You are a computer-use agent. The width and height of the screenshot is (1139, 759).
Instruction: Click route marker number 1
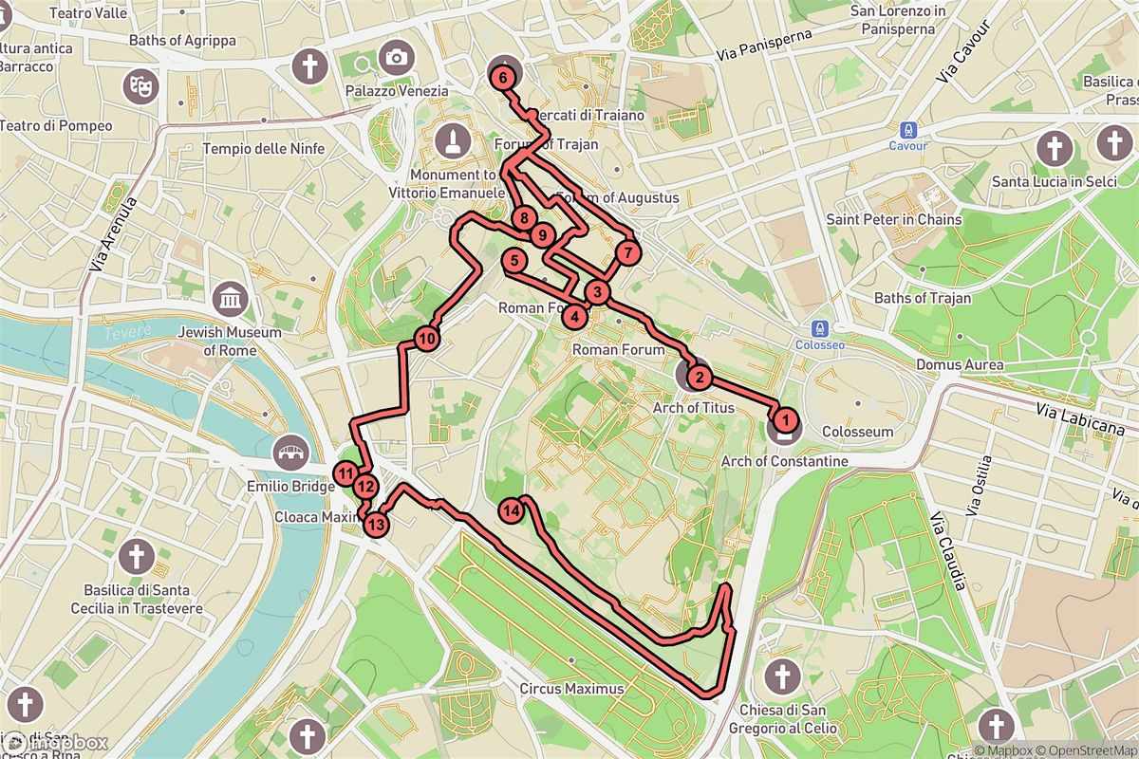coord(784,416)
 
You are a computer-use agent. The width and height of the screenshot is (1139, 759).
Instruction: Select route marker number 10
coord(426,338)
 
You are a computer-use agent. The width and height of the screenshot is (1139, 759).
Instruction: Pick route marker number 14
coord(512,510)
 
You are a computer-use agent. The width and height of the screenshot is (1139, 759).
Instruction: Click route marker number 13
coord(377,524)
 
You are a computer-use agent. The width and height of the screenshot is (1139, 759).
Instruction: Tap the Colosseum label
coord(857,432)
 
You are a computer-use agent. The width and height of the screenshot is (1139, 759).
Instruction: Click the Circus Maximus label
coord(571,689)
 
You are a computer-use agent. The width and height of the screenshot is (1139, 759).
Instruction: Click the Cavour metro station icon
coord(908,130)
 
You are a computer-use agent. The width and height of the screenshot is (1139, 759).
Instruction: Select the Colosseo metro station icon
coord(819,329)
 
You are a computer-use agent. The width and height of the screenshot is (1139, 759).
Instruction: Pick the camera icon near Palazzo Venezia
coord(396,58)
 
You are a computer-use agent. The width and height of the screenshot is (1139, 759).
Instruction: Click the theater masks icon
coord(140,85)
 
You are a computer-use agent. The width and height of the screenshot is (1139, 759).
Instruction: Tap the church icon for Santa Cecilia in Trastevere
coord(137,556)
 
